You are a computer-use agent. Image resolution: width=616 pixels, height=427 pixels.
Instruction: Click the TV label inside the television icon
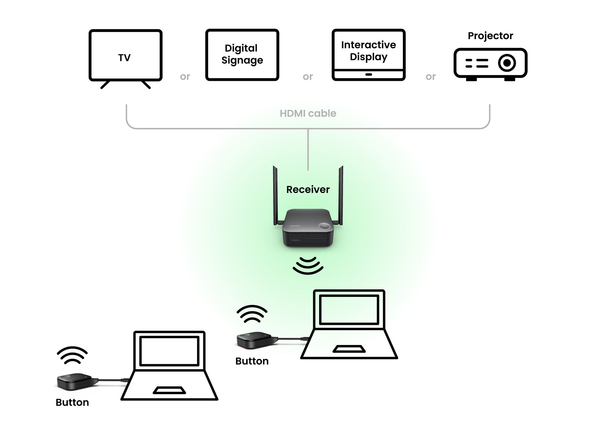[124, 58]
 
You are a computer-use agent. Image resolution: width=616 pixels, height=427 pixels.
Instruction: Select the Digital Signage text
[242, 54]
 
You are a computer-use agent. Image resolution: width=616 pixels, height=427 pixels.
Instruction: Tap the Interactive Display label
[368, 51]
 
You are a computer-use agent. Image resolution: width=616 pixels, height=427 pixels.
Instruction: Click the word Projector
[490, 36]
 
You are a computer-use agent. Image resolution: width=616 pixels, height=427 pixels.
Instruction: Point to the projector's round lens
[507, 63]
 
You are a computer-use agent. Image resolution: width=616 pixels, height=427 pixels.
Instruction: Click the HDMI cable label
[308, 113]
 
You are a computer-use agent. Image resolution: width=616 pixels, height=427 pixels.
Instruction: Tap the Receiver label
[308, 189]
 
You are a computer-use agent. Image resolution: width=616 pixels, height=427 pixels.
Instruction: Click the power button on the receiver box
[324, 226]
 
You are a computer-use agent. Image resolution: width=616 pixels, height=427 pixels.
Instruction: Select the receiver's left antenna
[275, 194]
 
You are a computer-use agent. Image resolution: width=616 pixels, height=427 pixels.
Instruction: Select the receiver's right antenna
[341, 194]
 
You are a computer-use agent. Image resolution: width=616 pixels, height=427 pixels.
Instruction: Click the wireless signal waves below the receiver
[308, 265]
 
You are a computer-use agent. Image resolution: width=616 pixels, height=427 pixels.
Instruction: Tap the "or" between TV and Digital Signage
[185, 76]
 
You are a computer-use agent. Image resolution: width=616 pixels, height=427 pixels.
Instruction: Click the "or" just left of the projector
[431, 76]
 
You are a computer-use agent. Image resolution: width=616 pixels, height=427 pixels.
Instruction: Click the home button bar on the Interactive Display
[368, 74]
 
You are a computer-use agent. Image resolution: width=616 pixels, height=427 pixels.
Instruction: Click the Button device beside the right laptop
[254, 340]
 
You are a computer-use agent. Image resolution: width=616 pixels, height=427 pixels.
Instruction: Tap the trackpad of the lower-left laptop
[169, 390]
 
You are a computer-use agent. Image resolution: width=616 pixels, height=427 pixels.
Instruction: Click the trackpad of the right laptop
[349, 349]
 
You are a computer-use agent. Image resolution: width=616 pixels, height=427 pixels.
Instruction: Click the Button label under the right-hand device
[252, 361]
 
